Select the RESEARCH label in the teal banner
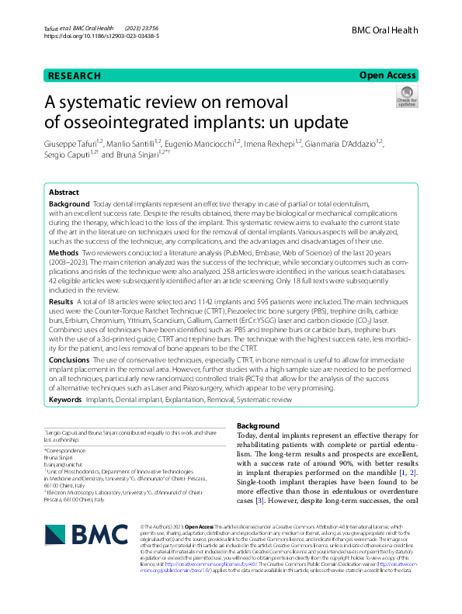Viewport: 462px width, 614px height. pos(75,75)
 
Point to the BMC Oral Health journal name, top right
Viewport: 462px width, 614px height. pos(384,30)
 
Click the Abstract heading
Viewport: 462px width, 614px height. pos(64,192)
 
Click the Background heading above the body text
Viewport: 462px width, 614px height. pos(257,427)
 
